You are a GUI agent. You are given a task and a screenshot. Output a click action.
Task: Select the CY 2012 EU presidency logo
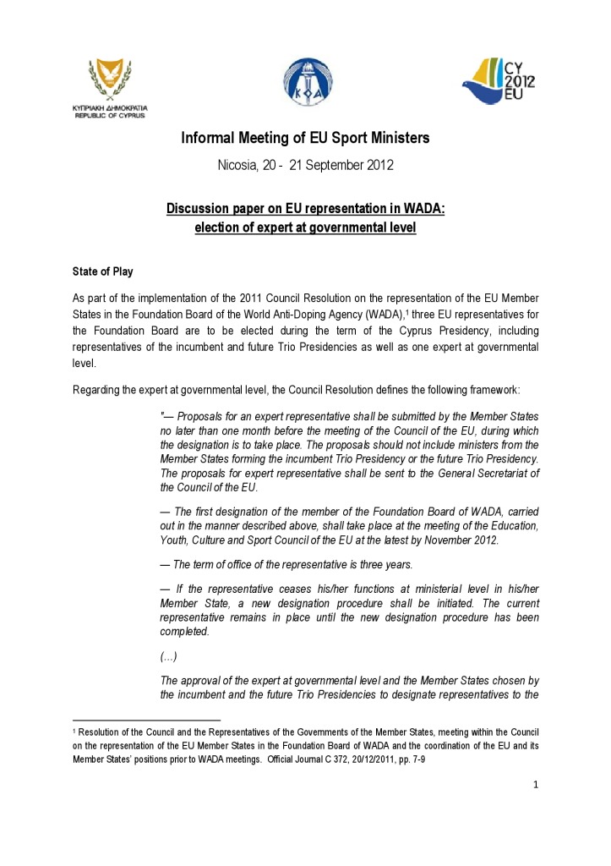tap(498, 80)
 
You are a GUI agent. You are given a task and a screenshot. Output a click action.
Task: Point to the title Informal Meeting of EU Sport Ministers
tap(305, 138)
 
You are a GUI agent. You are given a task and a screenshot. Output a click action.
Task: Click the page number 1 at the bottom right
tap(535, 785)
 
